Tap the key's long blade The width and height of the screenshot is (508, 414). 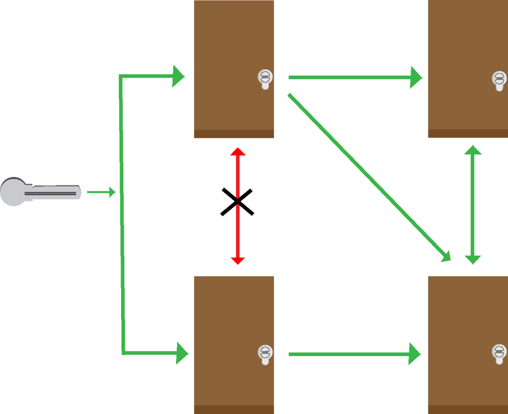click(55, 192)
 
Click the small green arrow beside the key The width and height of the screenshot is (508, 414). click(101, 192)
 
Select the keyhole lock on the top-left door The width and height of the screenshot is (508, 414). click(265, 78)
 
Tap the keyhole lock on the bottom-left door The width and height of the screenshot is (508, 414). click(265, 354)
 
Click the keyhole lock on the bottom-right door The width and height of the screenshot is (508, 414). click(499, 354)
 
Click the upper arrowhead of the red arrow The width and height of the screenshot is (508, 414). click(238, 152)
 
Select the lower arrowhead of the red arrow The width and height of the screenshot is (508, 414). click(238, 260)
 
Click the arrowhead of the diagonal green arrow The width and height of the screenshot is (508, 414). click(445, 256)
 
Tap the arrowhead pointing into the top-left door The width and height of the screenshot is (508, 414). click(178, 76)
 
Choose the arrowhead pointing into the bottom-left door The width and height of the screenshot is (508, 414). click(182, 353)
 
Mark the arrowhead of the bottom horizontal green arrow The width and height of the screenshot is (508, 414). click(415, 354)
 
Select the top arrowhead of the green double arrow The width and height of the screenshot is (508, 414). click(473, 150)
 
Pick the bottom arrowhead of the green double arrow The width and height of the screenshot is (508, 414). click(473, 259)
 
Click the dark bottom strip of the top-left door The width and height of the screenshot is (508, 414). click(234, 134)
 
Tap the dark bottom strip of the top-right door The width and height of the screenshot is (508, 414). click(467, 134)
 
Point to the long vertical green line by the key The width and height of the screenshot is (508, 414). click(122, 213)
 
